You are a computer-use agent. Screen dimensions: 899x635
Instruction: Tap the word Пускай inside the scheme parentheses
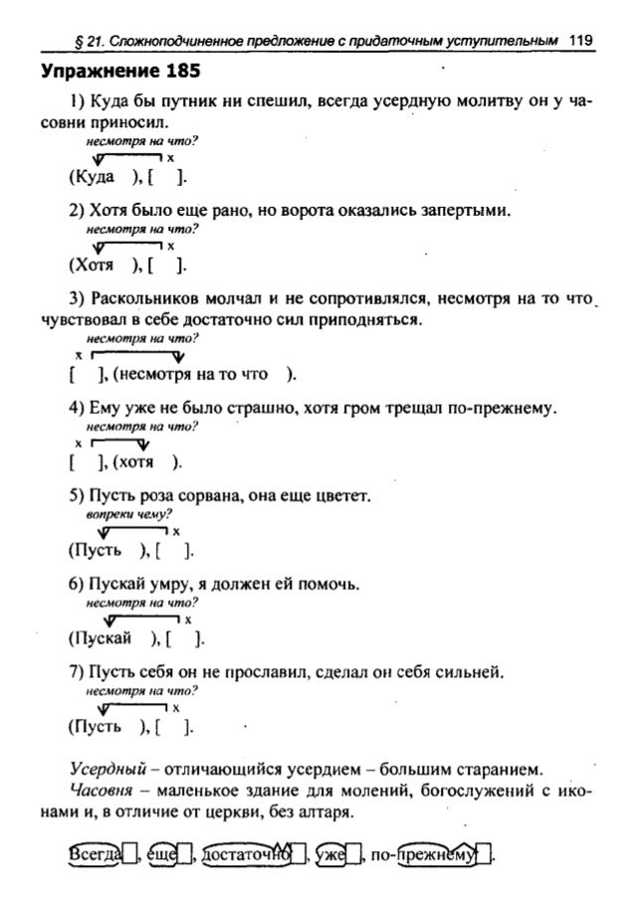pos(99,636)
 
